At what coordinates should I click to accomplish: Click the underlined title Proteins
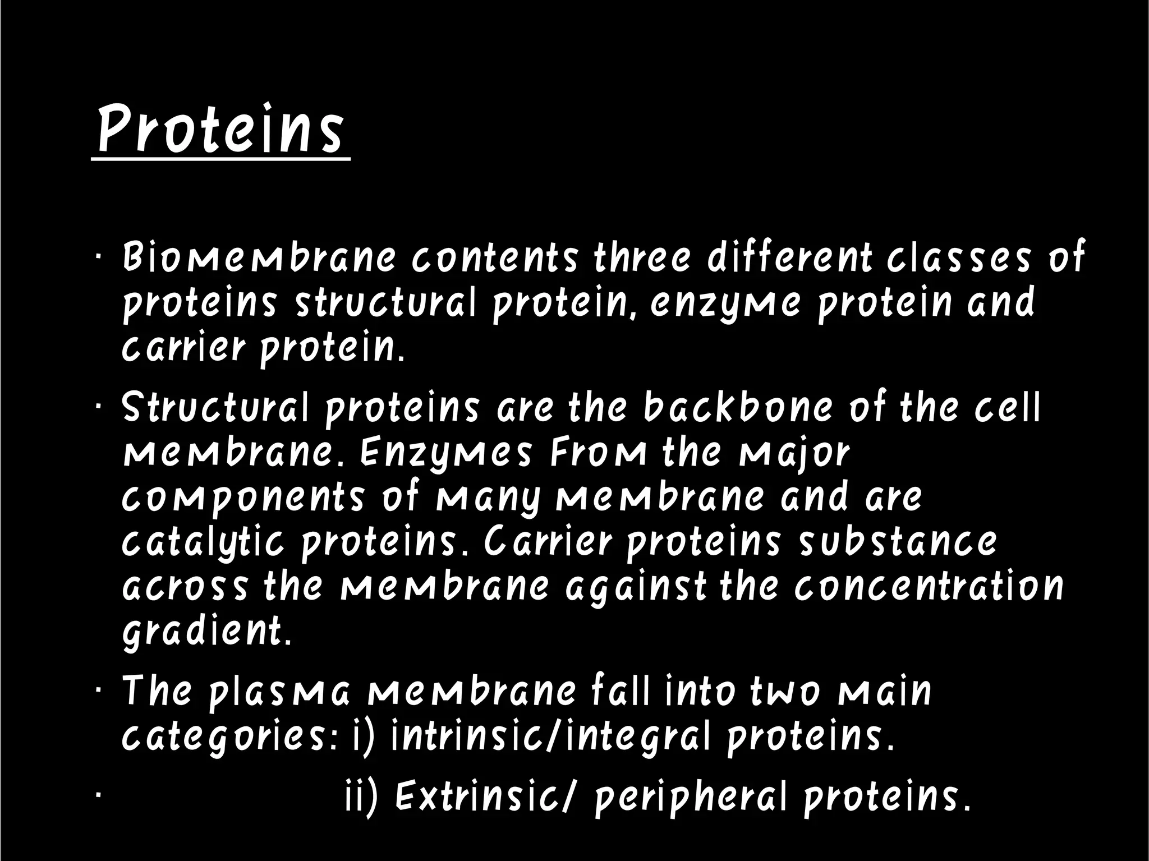[x=220, y=130]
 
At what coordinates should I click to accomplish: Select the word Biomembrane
[x=259, y=257]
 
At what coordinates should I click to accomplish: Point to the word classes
[x=959, y=257]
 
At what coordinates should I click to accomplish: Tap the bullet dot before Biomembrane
[x=98, y=257]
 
